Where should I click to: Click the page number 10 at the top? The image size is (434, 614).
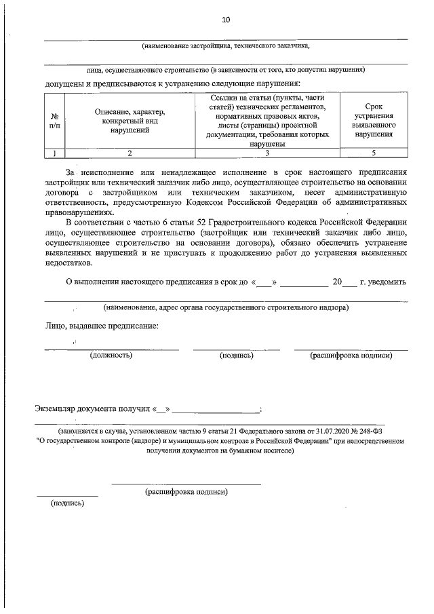226,20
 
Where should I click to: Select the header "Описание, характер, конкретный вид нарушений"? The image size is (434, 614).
130,121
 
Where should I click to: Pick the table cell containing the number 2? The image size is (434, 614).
130,153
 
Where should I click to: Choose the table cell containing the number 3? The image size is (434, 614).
267,153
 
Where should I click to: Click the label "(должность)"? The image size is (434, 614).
111,355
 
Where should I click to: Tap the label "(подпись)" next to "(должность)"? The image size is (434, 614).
237,355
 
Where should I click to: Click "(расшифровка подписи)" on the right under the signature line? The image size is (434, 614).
351,355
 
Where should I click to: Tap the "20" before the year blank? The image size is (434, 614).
337,282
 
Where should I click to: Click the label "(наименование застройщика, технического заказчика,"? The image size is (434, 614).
226,46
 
